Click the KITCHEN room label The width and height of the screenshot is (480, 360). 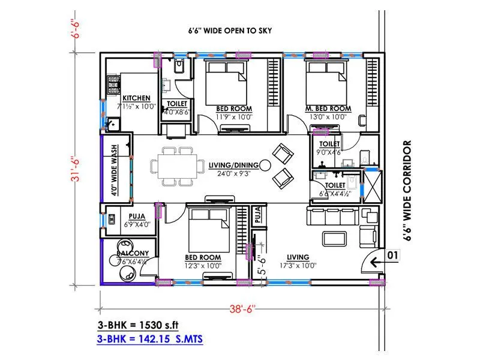[136, 98]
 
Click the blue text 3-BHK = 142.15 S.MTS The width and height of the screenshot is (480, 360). [150, 340]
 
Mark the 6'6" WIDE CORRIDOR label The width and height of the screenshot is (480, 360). [407, 191]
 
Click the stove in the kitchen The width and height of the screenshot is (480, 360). [112, 86]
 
